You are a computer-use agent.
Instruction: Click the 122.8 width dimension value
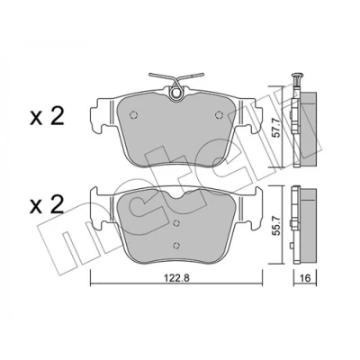(176, 278)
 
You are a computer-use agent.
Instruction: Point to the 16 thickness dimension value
(305, 278)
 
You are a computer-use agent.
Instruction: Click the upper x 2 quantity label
(47, 117)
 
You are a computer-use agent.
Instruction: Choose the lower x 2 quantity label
(47, 204)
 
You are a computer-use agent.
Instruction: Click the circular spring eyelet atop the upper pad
(175, 94)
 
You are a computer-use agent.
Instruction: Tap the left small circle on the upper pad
(133, 115)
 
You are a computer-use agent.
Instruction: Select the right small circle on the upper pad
(220, 115)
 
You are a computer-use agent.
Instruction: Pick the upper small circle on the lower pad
(176, 223)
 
